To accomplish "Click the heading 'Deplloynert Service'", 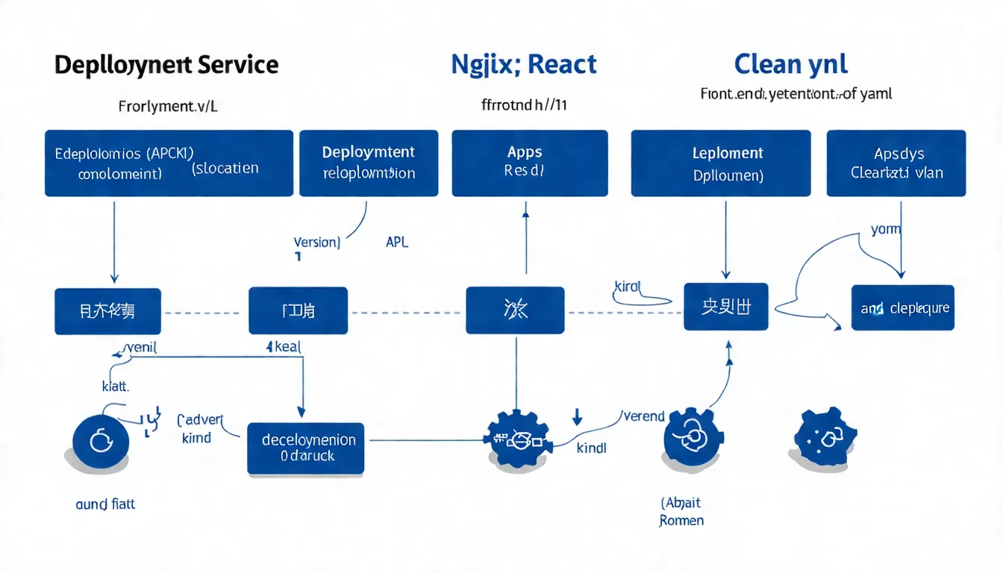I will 166,65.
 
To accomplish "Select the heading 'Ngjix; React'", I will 524,64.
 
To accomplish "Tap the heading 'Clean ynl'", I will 790,64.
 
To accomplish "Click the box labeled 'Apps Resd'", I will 529,163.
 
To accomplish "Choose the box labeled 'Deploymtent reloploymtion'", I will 369,163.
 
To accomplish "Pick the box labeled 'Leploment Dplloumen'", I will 720,163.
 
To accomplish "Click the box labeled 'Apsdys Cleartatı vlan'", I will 896,163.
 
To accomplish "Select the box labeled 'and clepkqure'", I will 902,307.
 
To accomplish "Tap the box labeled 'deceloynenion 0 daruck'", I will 305,448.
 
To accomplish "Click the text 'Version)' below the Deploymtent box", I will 316,242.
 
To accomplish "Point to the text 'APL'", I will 397,242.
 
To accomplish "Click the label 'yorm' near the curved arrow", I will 886,230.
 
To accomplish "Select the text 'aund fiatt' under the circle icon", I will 105,504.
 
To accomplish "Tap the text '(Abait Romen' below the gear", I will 681,512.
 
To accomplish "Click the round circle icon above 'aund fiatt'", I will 101,442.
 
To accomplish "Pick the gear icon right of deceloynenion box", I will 518,439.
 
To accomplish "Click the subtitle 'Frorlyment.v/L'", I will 168,106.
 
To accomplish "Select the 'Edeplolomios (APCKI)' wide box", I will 169,163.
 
